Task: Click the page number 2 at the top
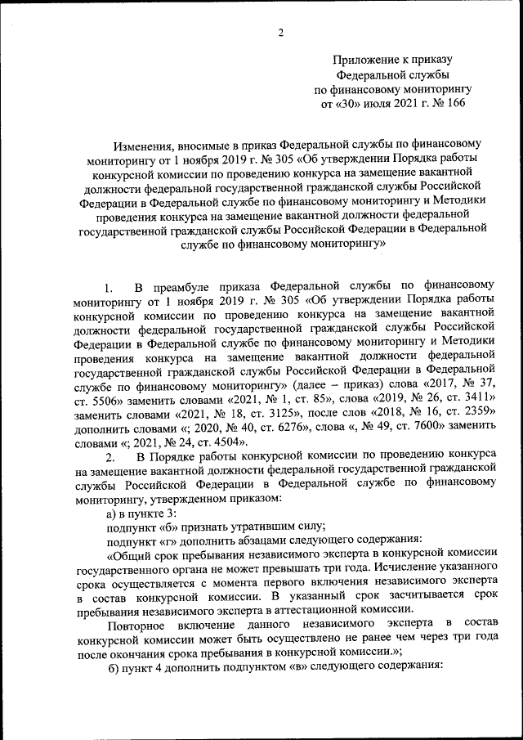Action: (280, 33)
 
